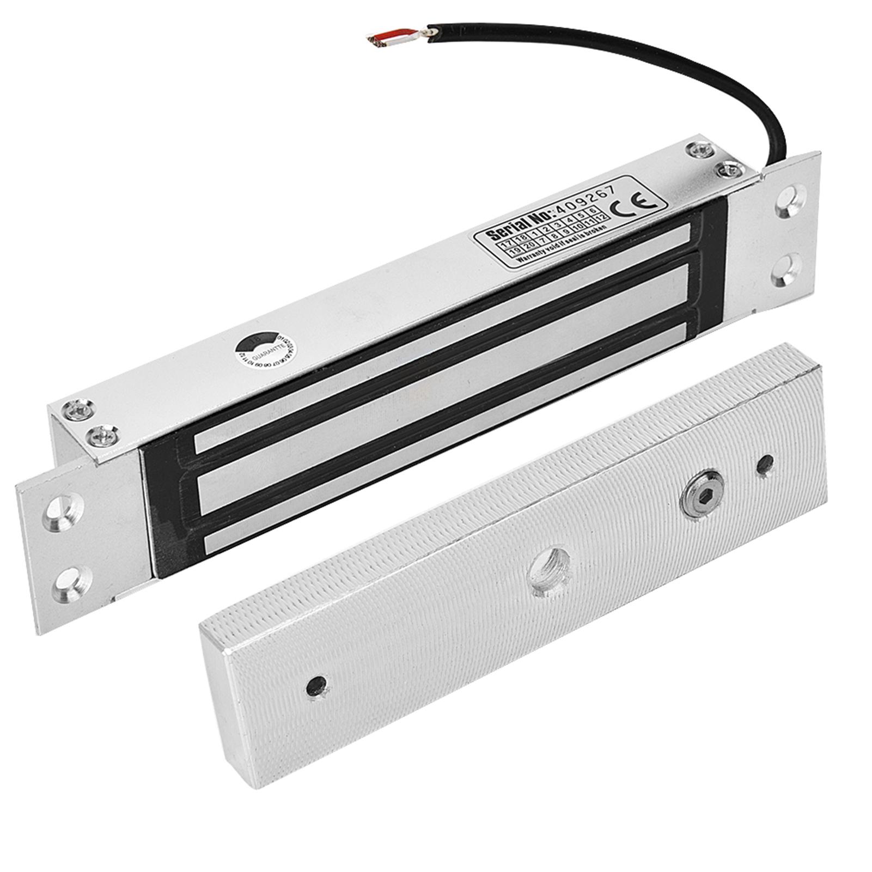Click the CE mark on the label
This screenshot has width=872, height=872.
point(630,204)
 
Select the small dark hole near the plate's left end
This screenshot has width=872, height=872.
point(317,683)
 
